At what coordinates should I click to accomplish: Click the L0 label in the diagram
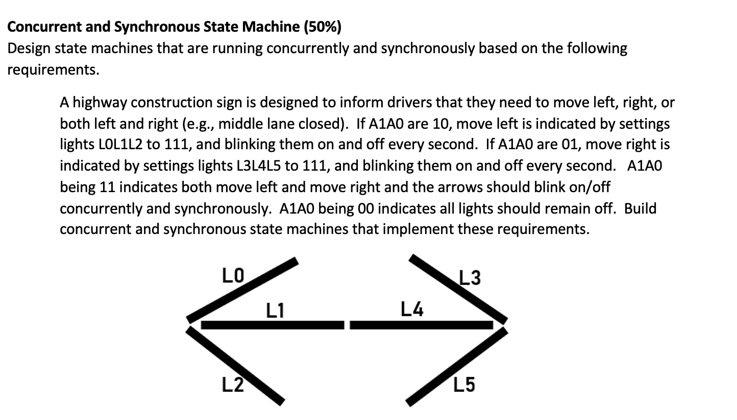(233, 276)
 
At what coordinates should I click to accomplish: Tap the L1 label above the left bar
(275, 310)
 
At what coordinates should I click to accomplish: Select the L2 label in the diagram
(232, 384)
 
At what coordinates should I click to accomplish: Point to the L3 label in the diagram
(470, 278)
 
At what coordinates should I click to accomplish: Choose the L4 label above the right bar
(412, 309)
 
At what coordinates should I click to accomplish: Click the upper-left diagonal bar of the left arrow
(243, 291)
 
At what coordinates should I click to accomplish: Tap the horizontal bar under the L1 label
(273, 325)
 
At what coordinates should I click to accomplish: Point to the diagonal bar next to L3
(458, 289)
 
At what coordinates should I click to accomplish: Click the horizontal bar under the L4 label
(421, 325)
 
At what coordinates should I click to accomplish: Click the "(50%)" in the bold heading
(323, 27)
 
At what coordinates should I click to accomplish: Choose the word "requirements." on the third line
(53, 70)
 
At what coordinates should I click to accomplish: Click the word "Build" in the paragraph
(640, 208)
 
